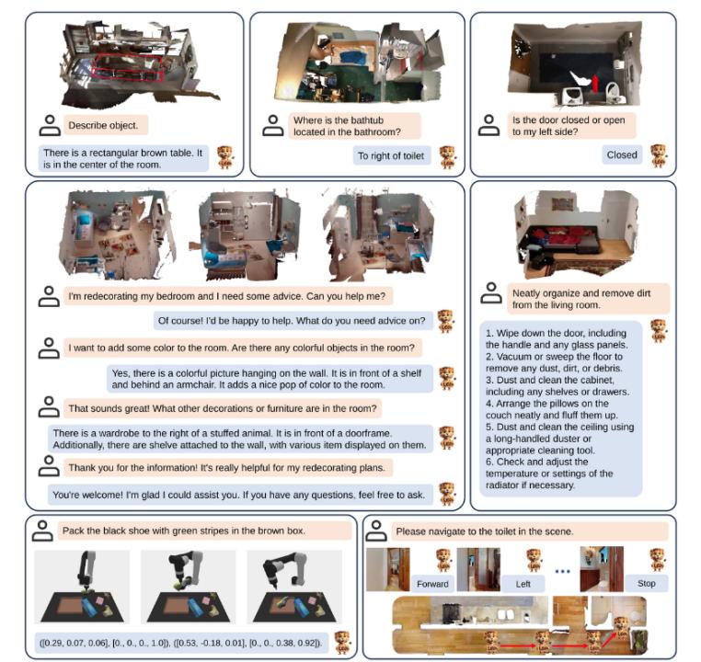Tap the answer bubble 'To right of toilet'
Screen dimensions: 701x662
391,156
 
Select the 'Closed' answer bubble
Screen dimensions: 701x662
622,154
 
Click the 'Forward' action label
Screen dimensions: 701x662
432,583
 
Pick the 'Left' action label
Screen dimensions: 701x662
523,583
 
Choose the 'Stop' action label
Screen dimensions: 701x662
647,583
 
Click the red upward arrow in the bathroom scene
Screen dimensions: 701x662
595,83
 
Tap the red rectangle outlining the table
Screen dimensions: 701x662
127,68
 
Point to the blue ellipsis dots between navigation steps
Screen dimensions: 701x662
562,571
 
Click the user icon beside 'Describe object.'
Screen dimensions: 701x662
50,126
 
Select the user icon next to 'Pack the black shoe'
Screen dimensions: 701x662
42,531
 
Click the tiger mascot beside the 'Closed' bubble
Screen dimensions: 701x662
658,155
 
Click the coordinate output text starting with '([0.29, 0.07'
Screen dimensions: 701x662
181,644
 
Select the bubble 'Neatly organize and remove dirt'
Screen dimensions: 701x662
588,299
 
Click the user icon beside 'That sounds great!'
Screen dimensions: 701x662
49,407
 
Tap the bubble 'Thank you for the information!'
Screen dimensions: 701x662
227,468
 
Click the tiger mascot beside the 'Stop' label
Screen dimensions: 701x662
657,560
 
